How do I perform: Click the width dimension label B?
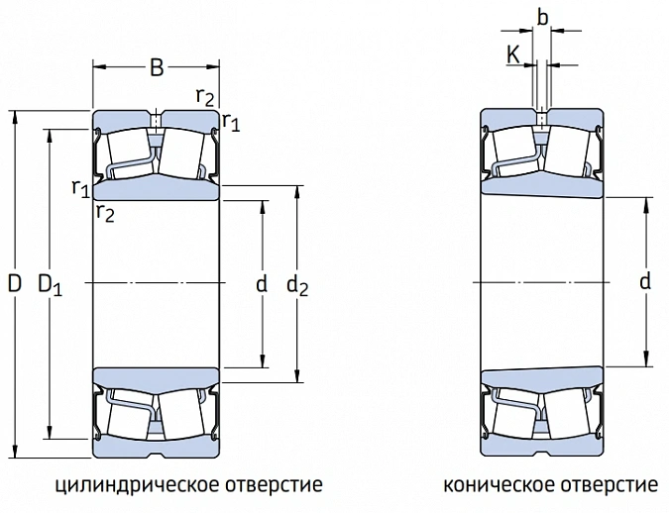click(x=157, y=67)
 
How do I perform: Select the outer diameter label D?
click(x=15, y=283)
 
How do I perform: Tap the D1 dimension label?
click(x=50, y=284)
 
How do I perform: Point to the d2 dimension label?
click(x=297, y=284)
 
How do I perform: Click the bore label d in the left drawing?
click(x=262, y=283)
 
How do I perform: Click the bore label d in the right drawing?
click(x=645, y=281)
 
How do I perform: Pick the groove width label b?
click(x=542, y=18)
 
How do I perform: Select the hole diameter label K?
click(x=513, y=54)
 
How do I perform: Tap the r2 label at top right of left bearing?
click(x=204, y=97)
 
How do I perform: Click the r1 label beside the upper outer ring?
click(x=231, y=122)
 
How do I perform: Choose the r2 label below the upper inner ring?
click(x=105, y=212)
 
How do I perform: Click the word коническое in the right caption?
click(x=499, y=485)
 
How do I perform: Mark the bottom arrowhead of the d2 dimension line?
click(x=297, y=374)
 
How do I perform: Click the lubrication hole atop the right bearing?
click(x=541, y=118)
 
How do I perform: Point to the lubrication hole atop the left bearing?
click(x=156, y=119)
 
